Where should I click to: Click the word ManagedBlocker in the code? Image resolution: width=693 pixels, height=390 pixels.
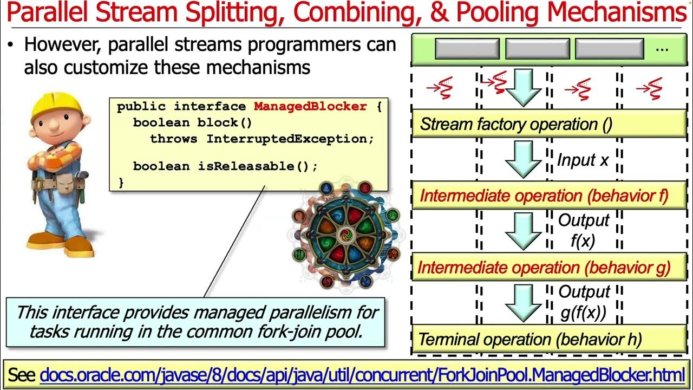310,107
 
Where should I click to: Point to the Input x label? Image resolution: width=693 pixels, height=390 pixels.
583,160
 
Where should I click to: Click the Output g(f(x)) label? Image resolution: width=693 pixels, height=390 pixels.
584,302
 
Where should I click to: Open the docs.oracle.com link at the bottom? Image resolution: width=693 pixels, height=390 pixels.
362,374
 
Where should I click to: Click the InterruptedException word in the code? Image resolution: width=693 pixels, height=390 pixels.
290,139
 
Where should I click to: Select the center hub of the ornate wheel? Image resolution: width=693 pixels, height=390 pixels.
344,236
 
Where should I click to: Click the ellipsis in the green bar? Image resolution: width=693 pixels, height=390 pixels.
662,49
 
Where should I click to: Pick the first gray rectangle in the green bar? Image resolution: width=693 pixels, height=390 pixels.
467,49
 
